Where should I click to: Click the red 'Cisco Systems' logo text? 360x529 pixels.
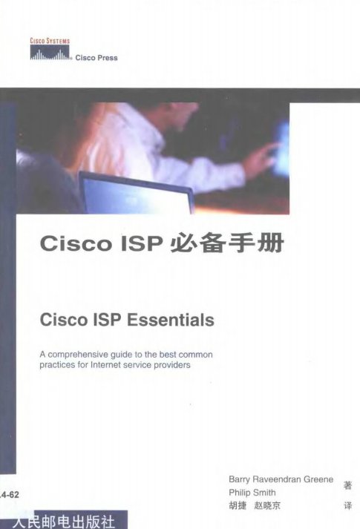point(50,41)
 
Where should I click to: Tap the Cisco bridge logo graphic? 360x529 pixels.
point(50,53)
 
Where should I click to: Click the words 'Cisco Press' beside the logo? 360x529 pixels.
point(96,58)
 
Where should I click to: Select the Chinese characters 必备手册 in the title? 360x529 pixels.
point(227,243)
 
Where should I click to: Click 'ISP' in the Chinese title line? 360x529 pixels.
point(141,243)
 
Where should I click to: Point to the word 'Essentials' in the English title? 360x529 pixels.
point(171,320)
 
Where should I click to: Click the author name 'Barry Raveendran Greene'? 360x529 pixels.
point(281,479)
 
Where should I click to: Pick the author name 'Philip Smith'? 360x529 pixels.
point(252,493)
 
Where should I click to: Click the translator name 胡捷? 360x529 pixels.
point(238,506)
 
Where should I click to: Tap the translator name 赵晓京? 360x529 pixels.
point(267,506)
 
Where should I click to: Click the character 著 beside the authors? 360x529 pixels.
point(348,485)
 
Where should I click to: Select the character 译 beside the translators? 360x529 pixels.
point(348,506)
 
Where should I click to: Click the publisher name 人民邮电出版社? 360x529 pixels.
point(64,522)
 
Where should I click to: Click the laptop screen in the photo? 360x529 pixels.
point(135,194)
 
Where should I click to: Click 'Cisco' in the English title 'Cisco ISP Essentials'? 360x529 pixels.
point(64,320)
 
